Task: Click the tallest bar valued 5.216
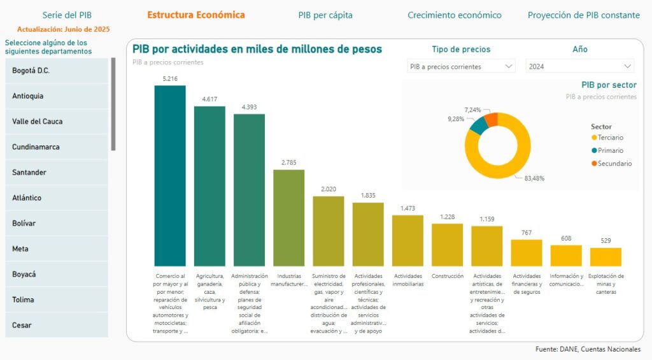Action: coord(170,175)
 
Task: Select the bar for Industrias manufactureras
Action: coord(289,217)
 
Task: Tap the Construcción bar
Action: coord(447,244)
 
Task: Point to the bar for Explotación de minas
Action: coord(606,257)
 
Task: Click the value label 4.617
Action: coord(210,99)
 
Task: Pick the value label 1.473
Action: coord(407,208)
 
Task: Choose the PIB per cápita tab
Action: coord(325,15)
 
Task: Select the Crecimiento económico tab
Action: coord(455,15)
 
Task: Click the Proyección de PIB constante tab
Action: coord(583,15)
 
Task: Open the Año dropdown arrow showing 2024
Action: coord(628,66)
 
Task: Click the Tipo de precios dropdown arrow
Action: coord(509,66)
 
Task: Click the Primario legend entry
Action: coord(610,151)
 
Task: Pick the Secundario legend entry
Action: coord(614,164)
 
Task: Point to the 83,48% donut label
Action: coord(534,178)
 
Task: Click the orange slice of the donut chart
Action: coord(492,119)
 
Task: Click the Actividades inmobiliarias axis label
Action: coord(407,280)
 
